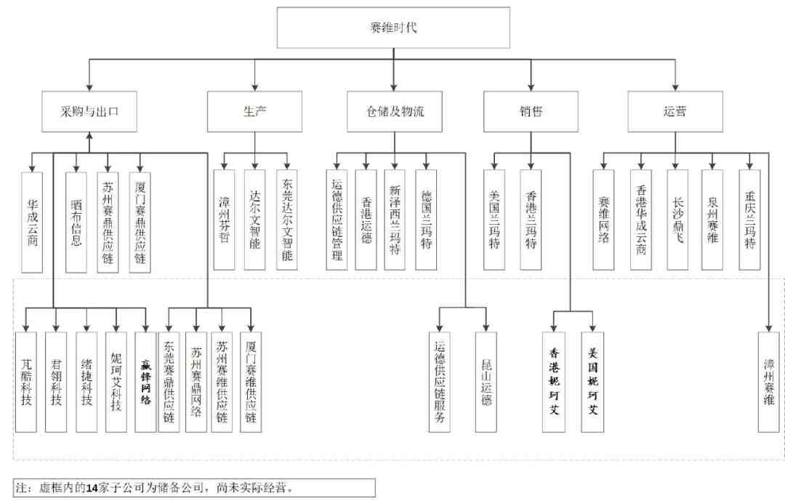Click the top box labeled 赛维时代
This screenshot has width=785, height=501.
pos(393,28)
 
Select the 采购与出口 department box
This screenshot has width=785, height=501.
pos(89,111)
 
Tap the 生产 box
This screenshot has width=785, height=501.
pos(255,111)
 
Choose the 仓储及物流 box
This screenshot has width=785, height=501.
pos(395,111)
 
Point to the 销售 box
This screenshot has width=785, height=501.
pos(531,111)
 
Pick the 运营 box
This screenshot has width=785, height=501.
pos(675,111)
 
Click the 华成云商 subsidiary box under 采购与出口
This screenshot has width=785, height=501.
pos(32,223)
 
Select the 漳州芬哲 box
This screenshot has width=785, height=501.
pos(225,220)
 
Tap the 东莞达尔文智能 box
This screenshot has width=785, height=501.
pos(287,220)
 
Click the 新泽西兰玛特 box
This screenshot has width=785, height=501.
pos(395,220)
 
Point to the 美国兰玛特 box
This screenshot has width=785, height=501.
pos(494,220)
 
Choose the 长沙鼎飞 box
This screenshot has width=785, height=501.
pos(677,220)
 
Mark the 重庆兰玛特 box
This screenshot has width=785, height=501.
pos(749,220)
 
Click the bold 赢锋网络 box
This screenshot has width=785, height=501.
pos(145,382)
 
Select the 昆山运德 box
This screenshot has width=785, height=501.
pos(486,382)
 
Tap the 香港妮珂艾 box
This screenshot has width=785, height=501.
pos(554,382)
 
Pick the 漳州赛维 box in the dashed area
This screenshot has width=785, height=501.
pos(769,382)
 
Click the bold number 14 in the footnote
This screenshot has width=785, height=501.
pos(92,487)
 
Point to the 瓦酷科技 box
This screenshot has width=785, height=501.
pos(26,382)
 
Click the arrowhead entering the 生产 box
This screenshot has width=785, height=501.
pos(255,87)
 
